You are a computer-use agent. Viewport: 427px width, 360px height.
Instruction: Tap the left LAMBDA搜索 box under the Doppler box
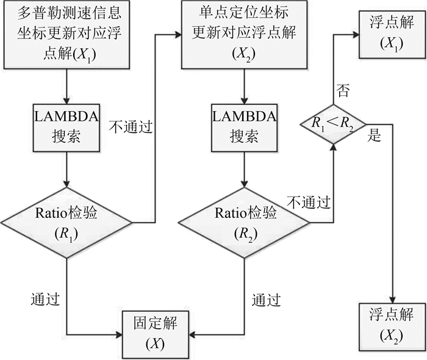point(65,128)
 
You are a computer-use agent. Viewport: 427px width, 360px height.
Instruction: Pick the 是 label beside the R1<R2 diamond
point(375,136)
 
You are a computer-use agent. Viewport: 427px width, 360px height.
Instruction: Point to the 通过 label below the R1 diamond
point(45,299)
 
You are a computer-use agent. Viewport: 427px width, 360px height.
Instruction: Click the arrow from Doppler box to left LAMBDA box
point(65,85)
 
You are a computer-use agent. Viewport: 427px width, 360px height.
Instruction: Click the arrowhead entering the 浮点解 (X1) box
point(356,34)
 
